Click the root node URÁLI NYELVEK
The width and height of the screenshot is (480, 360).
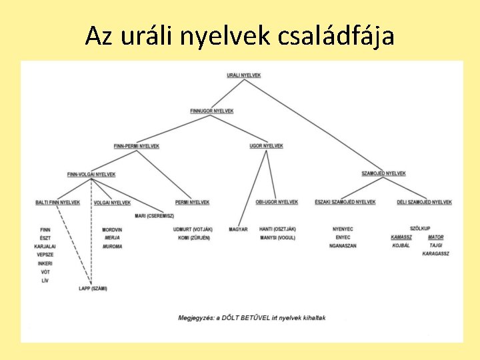(243, 75)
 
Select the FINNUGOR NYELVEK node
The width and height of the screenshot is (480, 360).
(211, 111)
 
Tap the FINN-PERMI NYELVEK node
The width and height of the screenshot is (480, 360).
(137, 146)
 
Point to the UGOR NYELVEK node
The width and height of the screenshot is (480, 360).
(266, 145)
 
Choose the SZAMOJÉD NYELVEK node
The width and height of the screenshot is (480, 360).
(383, 173)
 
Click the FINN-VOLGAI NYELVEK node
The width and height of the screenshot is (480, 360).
(91, 174)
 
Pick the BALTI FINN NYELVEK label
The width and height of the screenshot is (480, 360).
(58, 202)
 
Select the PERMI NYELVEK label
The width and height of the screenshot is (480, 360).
(192, 202)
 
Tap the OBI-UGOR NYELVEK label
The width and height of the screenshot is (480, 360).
(277, 202)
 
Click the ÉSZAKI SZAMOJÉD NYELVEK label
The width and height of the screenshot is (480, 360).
(345, 202)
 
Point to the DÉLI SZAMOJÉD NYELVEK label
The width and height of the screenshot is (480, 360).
(424, 202)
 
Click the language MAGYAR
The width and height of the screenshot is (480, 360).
(238, 229)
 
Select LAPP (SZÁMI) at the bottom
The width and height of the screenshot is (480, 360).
(92, 289)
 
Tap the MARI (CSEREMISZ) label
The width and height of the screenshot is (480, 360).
(154, 216)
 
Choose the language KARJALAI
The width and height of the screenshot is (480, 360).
(45, 246)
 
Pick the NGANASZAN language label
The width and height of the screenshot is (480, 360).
(343, 246)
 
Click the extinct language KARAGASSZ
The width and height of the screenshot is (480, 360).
(436, 254)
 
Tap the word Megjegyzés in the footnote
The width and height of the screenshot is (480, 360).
(194, 318)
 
